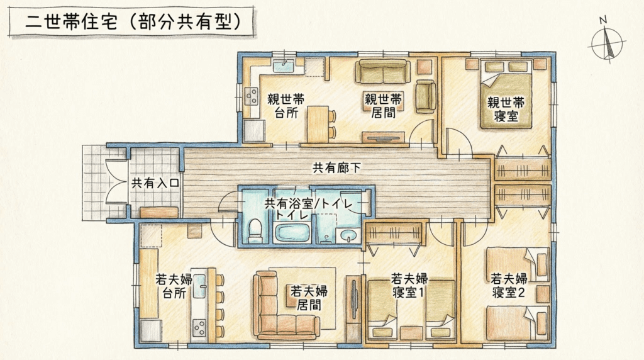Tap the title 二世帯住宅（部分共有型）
click(133, 22)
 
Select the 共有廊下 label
click(337, 167)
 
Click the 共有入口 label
click(155, 183)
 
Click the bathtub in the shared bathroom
click(292, 233)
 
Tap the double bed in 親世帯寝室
click(506, 95)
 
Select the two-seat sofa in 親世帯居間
click(383, 72)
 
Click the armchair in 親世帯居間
click(426, 97)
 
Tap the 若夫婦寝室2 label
click(509, 286)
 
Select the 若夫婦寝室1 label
click(409, 286)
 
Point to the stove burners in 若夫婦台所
click(199, 327)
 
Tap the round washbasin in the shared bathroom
click(348, 236)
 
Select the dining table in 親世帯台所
click(318, 124)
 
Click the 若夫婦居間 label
click(309, 298)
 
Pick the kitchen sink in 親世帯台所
click(282, 65)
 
